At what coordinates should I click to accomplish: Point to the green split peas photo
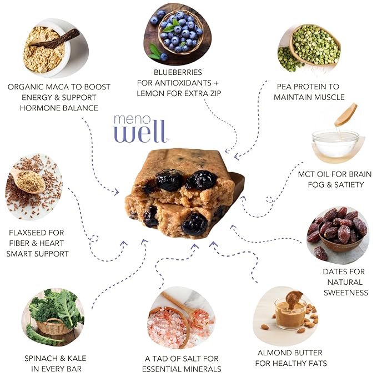click(x=309, y=48)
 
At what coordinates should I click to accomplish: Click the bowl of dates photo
click(x=338, y=234)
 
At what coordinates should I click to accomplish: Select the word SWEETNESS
click(x=346, y=293)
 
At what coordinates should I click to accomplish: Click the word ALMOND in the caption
click(x=273, y=353)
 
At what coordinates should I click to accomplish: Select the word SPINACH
click(x=41, y=359)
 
